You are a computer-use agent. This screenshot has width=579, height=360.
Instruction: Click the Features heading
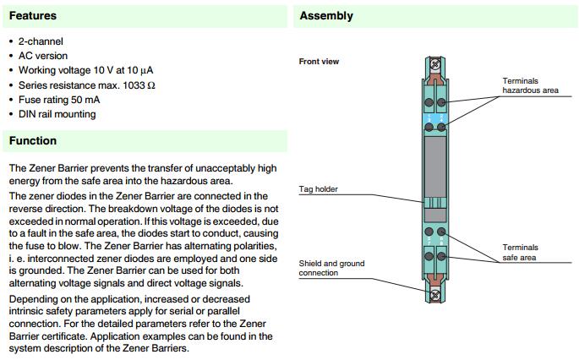coord(33,15)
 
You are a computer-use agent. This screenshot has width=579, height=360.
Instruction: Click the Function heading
coord(33,140)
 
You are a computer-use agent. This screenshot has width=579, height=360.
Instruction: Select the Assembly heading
coord(326,15)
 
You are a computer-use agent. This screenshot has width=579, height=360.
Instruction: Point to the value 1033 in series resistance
coord(137,85)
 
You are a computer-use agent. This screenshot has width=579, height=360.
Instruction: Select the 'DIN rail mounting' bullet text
coord(57,114)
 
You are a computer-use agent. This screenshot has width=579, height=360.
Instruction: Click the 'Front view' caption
coord(319,62)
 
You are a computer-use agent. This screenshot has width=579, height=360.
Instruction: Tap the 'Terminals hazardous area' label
coord(529,85)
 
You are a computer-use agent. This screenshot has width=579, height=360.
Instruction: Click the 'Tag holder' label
coord(319,189)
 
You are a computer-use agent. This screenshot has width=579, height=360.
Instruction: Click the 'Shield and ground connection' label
coord(331,268)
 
